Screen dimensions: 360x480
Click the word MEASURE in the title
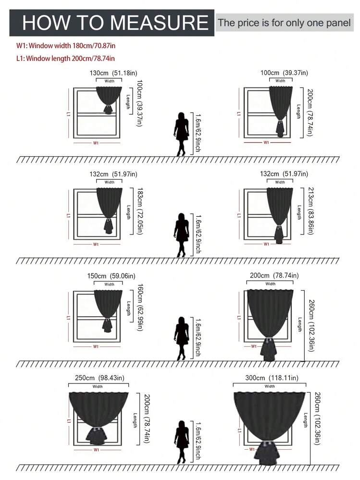coord(159,23)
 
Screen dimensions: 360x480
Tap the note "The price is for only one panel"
coord(284,23)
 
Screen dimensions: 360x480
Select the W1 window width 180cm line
coord(66,46)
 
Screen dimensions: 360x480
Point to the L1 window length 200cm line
coord(65,58)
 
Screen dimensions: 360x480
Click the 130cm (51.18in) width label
coord(113,73)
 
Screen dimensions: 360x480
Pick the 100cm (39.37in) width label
coord(284,73)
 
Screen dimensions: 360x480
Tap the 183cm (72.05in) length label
coord(140,211)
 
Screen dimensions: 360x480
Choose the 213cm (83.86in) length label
coord(310,211)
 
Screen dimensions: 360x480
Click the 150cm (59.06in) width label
coord(111,276)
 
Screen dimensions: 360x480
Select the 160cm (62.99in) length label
coord(140,308)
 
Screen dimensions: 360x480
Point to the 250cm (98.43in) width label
coord(99,378)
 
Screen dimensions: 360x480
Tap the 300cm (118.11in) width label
coord(272,378)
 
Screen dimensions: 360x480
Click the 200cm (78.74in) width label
coord(274,275)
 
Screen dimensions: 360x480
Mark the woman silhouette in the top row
coord(181,134)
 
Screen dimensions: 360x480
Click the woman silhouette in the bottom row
coord(181,442)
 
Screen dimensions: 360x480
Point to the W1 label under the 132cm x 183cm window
coord(96,244)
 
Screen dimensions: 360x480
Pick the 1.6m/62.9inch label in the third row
coord(198,337)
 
